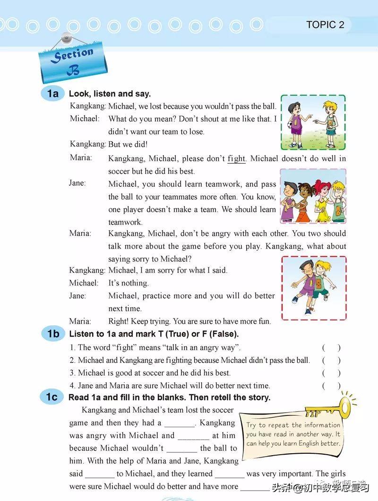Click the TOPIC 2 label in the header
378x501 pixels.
tap(325, 25)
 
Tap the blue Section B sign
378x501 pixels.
tap(72, 61)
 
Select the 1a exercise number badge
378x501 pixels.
tap(53, 94)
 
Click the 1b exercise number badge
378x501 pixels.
tap(53, 334)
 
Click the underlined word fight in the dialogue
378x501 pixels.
tap(236, 159)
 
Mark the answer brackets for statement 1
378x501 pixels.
tap(331, 348)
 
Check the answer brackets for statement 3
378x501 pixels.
tap(331, 373)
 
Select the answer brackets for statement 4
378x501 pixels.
tap(331, 386)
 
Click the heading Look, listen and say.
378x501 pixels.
tap(110, 94)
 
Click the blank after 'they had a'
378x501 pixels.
tap(179, 423)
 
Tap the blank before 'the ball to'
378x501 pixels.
tap(182, 449)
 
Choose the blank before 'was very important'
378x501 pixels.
tap(229, 474)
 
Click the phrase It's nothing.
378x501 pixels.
tap(129, 283)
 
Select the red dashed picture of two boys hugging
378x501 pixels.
tap(313, 288)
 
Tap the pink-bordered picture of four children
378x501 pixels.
tap(313, 196)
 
